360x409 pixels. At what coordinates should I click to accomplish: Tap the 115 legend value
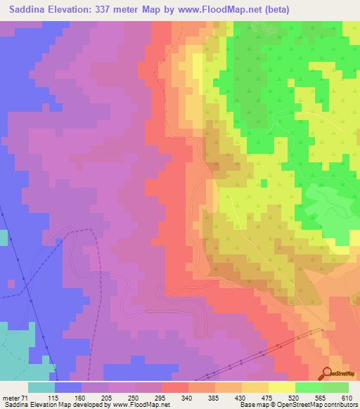(70, 397)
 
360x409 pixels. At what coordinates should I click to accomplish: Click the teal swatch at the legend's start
(41, 387)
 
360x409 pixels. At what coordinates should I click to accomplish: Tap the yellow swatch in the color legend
(281, 387)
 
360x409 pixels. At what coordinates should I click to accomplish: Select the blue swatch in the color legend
(68, 387)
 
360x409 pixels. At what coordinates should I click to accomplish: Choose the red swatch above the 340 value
(175, 387)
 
